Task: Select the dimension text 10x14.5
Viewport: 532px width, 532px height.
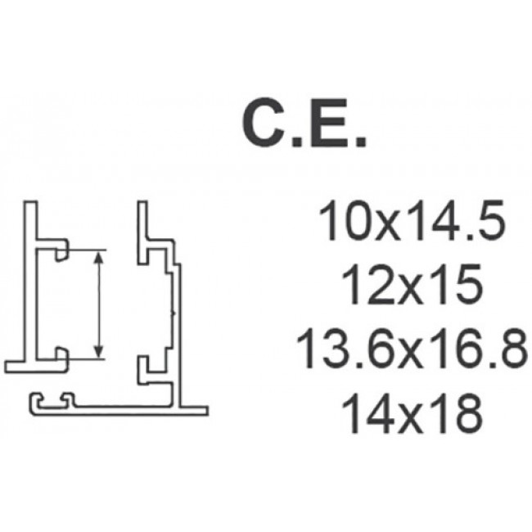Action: (x=412, y=220)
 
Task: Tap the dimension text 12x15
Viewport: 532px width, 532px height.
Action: (x=412, y=285)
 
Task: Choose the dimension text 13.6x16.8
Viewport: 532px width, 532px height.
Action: (x=412, y=349)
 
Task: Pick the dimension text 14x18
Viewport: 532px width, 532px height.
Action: (x=412, y=414)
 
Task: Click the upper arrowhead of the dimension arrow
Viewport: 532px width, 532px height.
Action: (x=99, y=258)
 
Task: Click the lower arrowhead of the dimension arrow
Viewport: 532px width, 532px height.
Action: (x=99, y=351)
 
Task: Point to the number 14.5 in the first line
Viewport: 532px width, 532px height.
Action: (x=457, y=220)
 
